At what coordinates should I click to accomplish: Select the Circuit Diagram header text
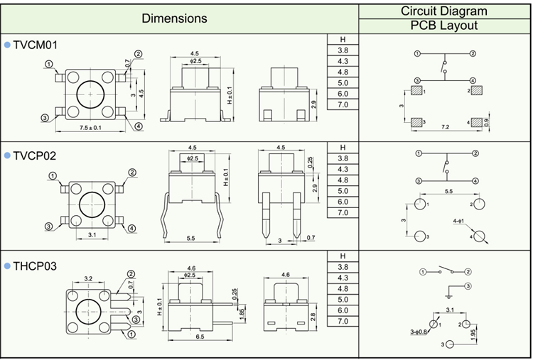(x=444, y=11)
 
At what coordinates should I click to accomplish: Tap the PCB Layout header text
(x=444, y=26)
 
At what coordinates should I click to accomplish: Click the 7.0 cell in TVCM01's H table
(x=343, y=104)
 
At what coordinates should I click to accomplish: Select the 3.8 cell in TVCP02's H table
(x=343, y=158)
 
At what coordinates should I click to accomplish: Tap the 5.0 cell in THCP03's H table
(x=343, y=300)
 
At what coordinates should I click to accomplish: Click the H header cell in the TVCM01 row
(x=343, y=40)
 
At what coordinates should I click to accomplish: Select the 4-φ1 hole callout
(x=458, y=222)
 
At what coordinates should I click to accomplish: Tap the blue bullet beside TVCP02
(x=7, y=155)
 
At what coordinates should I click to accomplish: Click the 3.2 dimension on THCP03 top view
(x=89, y=278)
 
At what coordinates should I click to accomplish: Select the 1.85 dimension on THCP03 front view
(x=242, y=313)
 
